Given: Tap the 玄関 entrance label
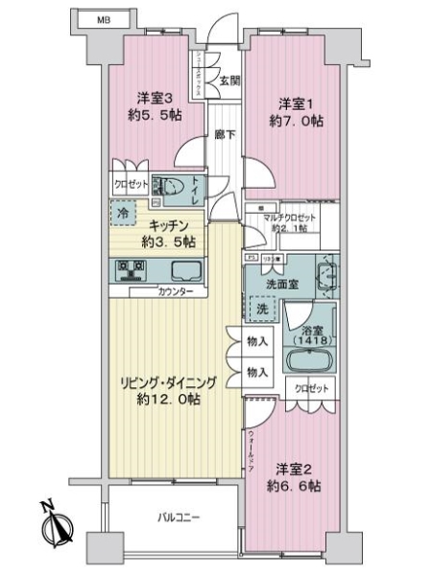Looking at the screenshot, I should coord(228,81).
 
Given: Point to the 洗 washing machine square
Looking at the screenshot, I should coord(259,310).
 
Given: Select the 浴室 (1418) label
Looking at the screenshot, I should coord(309,332).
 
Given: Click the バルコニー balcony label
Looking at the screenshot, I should coord(179,517).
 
